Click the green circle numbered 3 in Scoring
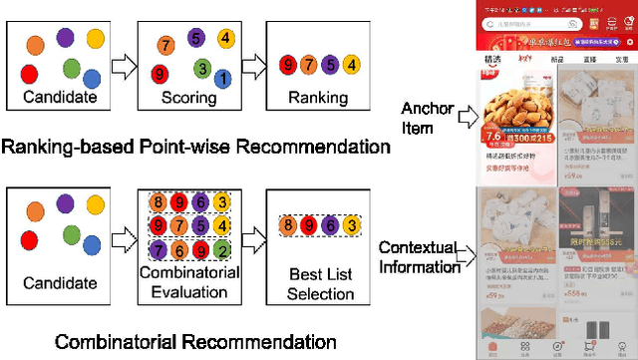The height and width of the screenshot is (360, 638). (202, 69)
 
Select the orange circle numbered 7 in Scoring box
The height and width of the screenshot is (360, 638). (167, 45)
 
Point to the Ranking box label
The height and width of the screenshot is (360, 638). (318, 98)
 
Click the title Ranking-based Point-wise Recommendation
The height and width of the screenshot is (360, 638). (195, 147)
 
